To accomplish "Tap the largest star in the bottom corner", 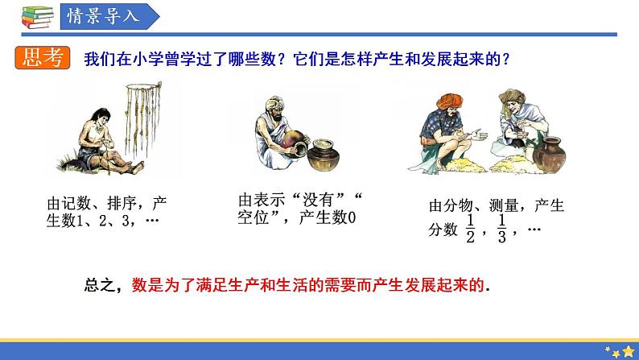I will pos(628,351).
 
